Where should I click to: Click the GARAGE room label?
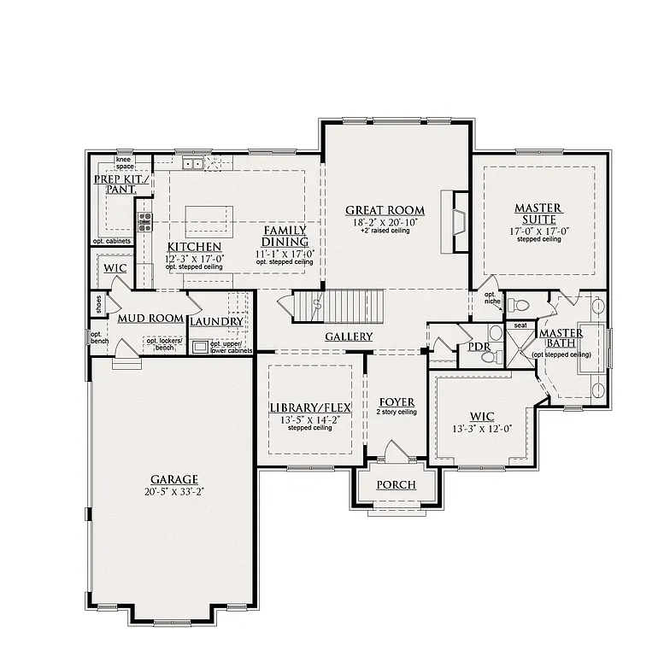click(174, 479)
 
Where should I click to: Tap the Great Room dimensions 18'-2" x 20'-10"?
click(385, 222)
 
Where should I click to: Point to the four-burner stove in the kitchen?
click(144, 222)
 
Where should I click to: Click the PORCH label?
click(396, 485)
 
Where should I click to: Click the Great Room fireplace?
click(458, 221)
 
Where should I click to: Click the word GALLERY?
click(349, 337)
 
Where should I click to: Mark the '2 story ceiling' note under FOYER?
click(397, 413)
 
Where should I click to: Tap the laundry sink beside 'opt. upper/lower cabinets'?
click(200, 347)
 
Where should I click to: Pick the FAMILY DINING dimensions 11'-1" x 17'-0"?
click(285, 253)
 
